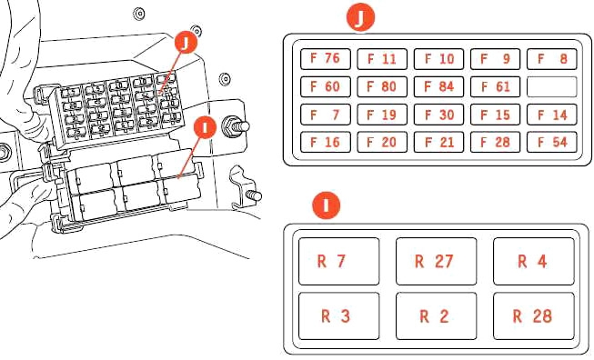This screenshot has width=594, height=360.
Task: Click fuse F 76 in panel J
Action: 326,59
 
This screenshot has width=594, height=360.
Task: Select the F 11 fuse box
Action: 382,59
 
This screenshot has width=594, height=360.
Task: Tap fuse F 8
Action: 552,59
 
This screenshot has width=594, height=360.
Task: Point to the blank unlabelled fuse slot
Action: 552,86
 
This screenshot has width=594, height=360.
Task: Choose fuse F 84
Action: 438,86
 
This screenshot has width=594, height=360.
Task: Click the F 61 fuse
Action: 495,86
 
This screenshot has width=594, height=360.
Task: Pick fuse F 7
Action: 326,115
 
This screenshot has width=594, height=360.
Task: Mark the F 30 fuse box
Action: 438,115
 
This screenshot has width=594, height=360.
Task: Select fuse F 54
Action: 552,142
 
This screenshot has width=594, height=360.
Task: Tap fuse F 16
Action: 326,142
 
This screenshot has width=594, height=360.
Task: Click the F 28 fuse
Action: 495,142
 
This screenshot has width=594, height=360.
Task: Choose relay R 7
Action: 338,261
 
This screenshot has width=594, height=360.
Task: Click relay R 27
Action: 436,261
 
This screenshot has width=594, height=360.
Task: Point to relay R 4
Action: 534,261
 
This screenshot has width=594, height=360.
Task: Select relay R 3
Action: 338,316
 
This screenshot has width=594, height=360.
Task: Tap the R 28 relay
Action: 534,316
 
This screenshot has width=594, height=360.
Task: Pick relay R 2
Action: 436,316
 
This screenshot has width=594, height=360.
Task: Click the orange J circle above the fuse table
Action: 360,16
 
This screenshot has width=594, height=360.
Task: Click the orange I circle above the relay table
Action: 327,205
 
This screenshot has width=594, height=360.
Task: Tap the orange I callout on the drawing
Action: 205,127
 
